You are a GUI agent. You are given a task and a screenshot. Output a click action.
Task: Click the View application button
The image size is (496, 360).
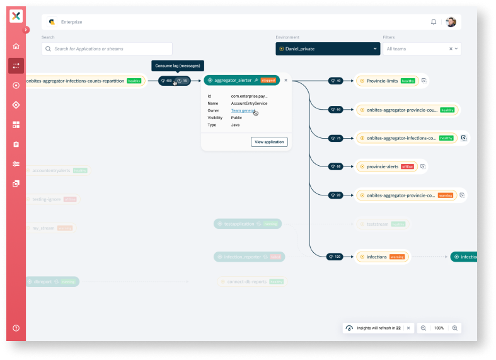269,142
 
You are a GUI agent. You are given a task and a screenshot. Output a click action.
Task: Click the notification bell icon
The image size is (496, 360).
434,22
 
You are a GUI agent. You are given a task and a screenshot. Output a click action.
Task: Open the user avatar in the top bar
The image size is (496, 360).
451,22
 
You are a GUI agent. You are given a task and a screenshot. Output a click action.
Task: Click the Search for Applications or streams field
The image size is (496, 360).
107,49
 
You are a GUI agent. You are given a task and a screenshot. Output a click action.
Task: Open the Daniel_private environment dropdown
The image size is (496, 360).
327,49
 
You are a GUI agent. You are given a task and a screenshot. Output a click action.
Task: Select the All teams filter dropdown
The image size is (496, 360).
421,49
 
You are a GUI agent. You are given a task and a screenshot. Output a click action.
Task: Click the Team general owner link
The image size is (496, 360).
243,110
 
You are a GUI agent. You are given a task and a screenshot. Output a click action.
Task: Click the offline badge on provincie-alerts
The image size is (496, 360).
408,166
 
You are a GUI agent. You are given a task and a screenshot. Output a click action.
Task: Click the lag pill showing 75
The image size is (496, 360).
335,138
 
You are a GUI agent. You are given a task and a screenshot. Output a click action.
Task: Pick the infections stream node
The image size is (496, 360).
376,257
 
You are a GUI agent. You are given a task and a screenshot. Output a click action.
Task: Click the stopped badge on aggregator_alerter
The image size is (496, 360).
268,81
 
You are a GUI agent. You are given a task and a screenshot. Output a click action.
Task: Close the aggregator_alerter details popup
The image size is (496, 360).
285,80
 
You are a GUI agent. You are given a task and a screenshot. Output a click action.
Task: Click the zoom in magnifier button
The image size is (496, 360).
455,328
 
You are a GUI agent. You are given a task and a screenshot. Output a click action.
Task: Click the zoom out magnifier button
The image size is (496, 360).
424,328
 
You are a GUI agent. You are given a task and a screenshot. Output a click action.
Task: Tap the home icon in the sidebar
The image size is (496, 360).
16,46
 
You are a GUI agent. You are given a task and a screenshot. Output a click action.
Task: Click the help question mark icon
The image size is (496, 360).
16,328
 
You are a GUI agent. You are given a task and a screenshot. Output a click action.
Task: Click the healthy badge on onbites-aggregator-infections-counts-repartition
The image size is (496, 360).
134,81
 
